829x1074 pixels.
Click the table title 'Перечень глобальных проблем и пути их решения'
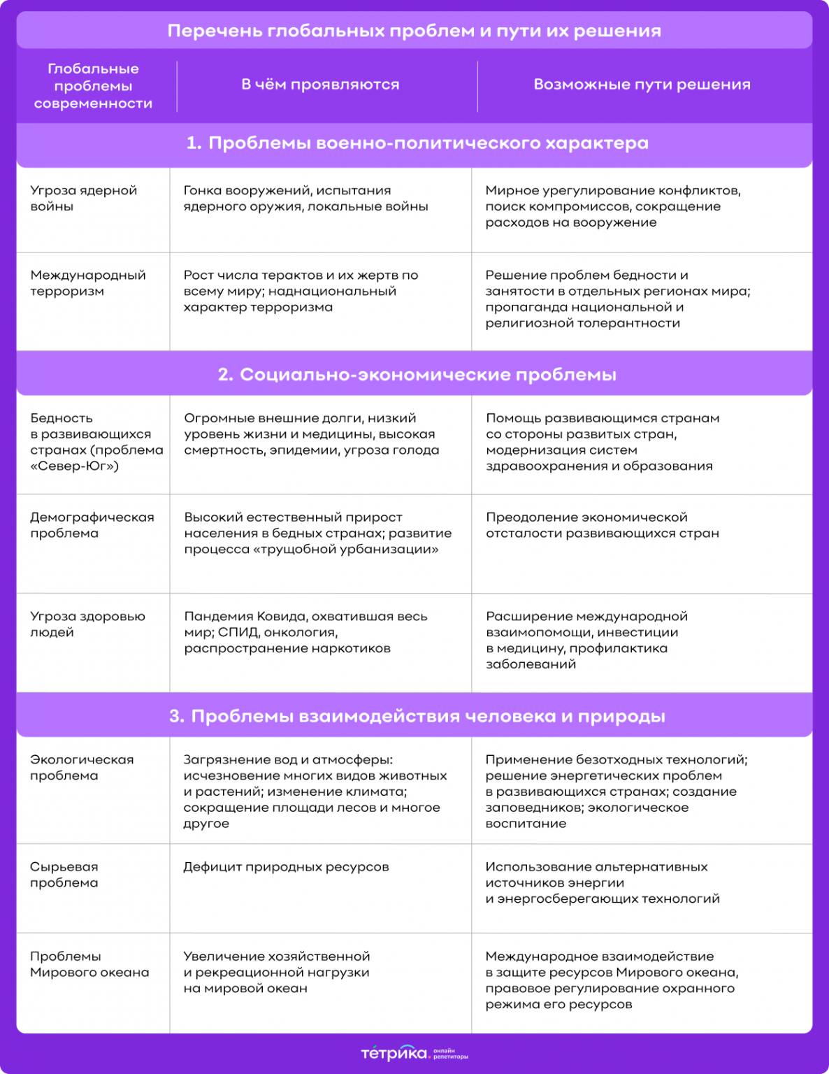[414, 31]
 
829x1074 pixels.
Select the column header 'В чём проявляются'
[320, 85]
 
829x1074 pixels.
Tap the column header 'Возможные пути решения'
[642, 85]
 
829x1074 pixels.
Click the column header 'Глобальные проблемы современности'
[93, 86]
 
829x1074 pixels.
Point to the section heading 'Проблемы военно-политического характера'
[417, 143]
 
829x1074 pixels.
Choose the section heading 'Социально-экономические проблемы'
[417, 375]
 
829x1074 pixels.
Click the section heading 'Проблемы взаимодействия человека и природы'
[417, 716]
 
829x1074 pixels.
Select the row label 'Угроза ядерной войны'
[83, 199]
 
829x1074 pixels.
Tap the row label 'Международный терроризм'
[87, 283]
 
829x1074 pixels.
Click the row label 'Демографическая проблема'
[92, 525]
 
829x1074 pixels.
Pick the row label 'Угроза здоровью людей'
[87, 624]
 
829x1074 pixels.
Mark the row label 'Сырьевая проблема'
[64, 875]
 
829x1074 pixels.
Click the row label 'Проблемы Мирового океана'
[89, 964]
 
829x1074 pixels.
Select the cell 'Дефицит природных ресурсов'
[285, 867]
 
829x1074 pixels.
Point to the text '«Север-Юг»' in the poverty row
[74, 466]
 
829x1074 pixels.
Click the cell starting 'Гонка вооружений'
[305, 199]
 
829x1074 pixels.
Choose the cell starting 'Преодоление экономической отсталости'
[602, 525]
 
